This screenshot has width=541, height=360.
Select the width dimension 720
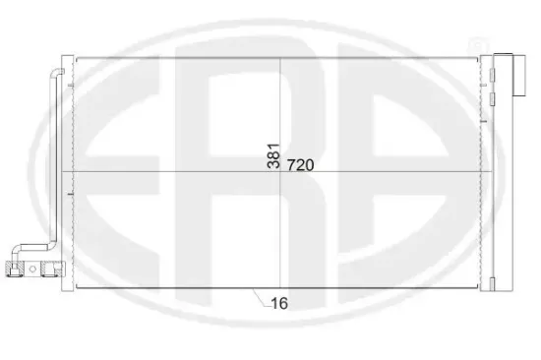tap(302, 165)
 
